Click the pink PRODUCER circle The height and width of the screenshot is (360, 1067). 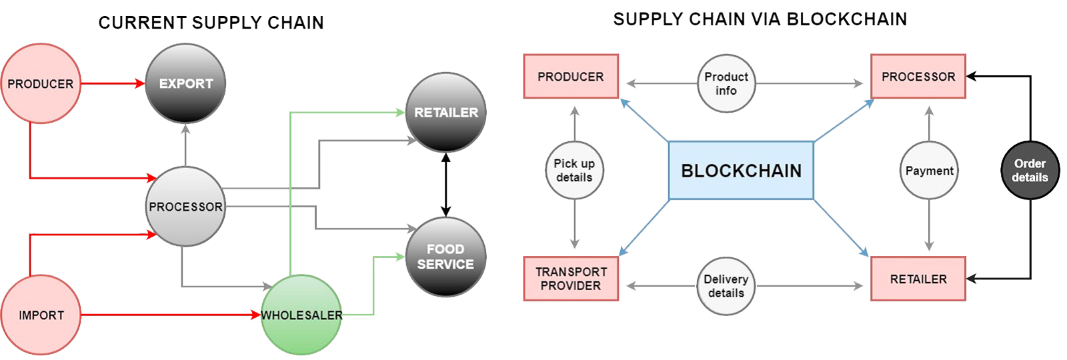[x=41, y=83]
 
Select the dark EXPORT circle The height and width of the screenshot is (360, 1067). [x=185, y=83]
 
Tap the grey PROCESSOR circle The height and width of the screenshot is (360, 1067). [x=185, y=207]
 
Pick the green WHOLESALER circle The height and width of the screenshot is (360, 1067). [x=301, y=315]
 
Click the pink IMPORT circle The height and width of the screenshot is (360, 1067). [x=41, y=315]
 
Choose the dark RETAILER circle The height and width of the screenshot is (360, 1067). [x=446, y=112]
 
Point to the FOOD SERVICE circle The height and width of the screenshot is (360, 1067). [x=445, y=257]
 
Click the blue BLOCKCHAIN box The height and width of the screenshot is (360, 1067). [x=741, y=171]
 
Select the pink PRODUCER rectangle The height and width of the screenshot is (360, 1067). [x=571, y=77]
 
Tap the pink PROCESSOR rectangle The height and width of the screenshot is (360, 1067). [x=918, y=77]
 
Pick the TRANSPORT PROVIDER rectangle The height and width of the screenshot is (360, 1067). [x=571, y=279]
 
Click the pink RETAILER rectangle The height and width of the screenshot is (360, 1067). [x=918, y=279]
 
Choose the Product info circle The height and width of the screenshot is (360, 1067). [x=726, y=83]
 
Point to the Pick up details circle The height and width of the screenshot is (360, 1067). [x=574, y=170]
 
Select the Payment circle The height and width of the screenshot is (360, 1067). [x=929, y=171]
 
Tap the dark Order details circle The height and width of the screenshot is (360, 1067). [x=1030, y=170]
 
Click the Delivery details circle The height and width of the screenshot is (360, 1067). [x=726, y=286]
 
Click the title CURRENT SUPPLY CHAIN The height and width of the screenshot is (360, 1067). [x=211, y=23]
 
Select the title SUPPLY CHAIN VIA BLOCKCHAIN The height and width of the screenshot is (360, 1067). [x=760, y=19]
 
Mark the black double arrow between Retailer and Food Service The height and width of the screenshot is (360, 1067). [x=446, y=185]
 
